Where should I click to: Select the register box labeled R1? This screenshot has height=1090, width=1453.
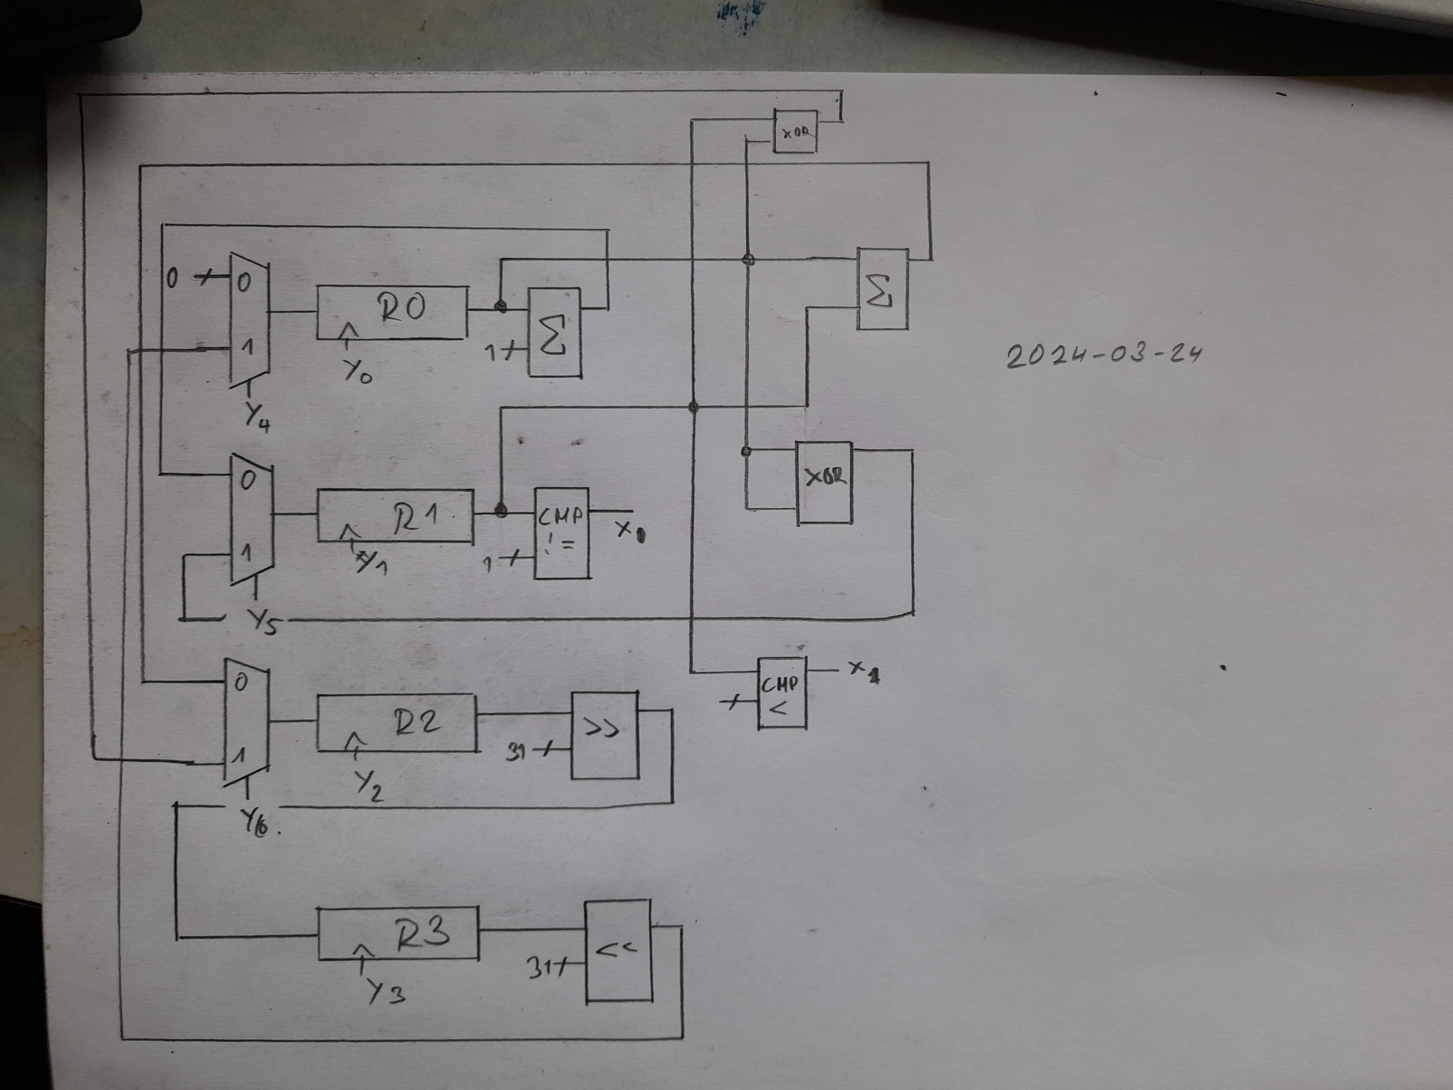pyautogui.click(x=395, y=516)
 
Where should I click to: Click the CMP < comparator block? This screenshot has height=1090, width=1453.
pyautogui.click(x=782, y=693)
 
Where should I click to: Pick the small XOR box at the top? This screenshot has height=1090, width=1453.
pyautogui.click(x=795, y=132)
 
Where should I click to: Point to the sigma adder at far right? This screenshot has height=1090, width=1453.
pyautogui.click(x=882, y=289)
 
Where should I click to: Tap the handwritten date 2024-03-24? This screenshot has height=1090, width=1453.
pyautogui.click(x=1104, y=355)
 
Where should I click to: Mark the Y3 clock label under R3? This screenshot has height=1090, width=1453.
pyautogui.click(x=385, y=991)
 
